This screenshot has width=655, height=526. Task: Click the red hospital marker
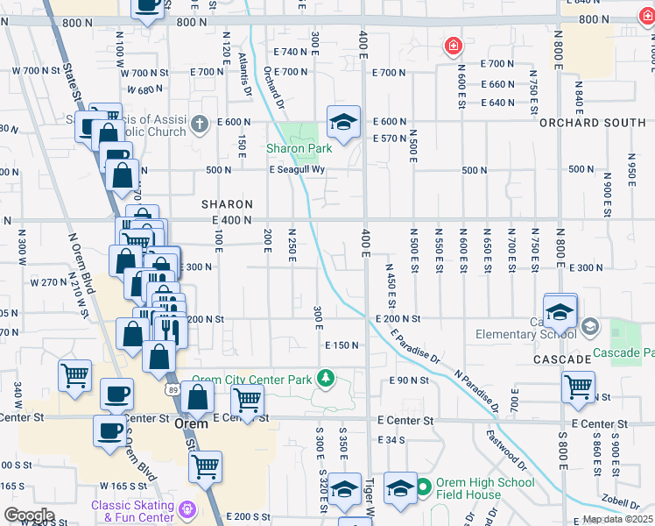pos(453,46)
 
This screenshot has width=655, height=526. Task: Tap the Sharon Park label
pos(299,149)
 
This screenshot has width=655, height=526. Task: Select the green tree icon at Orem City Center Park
pos(326,378)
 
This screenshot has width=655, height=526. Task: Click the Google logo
pos(29,515)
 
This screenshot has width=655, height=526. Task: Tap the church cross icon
pos(201,124)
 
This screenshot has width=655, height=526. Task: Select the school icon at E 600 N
pos(344,121)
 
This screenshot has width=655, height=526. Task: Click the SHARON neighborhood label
pos(228,203)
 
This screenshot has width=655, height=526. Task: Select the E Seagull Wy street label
pos(297,170)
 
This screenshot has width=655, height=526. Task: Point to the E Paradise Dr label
pos(415,345)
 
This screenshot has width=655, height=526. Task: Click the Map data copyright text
pos(617,520)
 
